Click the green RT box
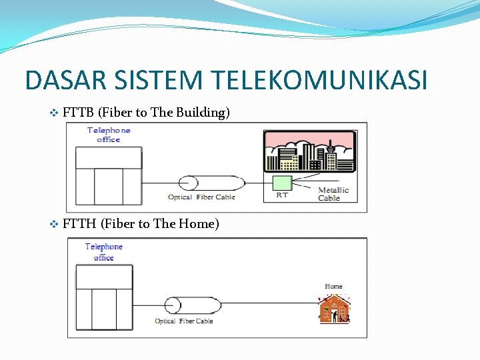(x=283, y=183)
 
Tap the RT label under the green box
(x=282, y=195)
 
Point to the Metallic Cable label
(x=333, y=194)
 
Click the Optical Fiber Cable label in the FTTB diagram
(x=201, y=197)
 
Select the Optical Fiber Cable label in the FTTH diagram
(x=183, y=321)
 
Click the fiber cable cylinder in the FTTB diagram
(x=212, y=183)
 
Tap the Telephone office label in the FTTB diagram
(x=109, y=135)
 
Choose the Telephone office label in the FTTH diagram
(x=104, y=252)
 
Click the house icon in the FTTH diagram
(x=334, y=309)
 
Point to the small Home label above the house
(x=333, y=287)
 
